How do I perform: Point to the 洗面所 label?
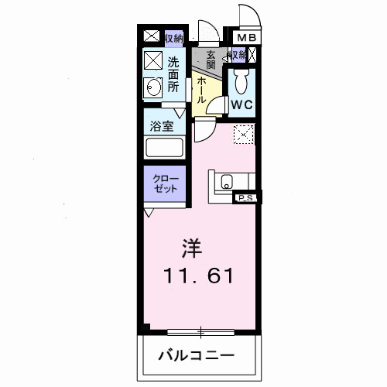(x=173, y=74)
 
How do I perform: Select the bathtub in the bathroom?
(x=165, y=149)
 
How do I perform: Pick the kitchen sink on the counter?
(x=226, y=183)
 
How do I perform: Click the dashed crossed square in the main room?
(x=243, y=134)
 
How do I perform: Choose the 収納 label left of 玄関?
(x=173, y=36)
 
